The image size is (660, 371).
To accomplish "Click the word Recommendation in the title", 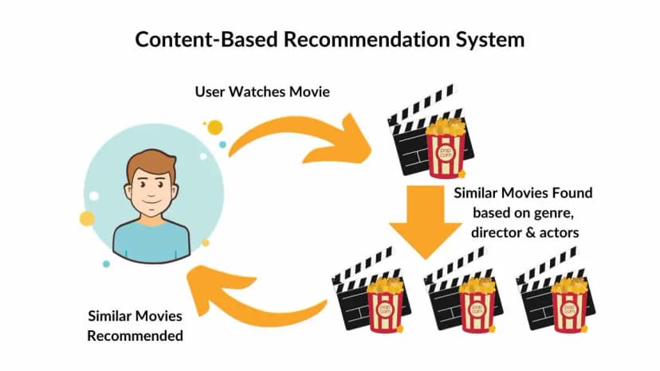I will [367, 40].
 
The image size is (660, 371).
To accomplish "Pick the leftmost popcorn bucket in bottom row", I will [383, 302].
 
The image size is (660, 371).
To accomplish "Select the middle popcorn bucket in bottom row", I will [476, 302].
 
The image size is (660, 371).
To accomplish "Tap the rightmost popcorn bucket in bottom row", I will [568, 302].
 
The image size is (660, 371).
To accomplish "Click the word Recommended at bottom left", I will [135, 335].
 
